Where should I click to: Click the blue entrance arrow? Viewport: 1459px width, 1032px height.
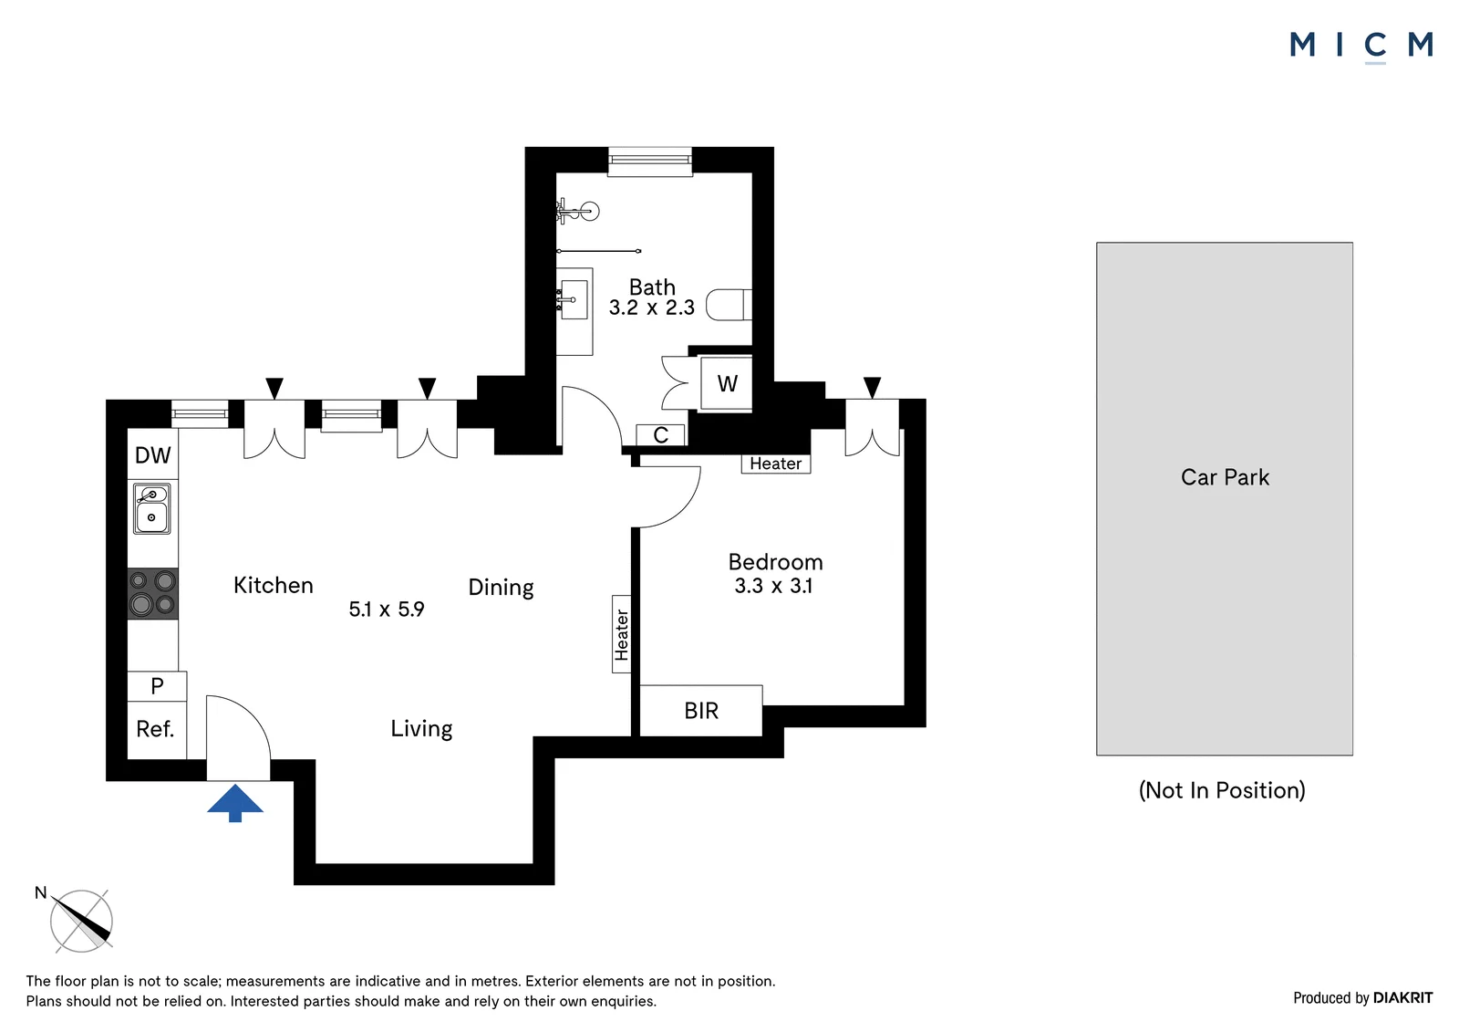point(235,803)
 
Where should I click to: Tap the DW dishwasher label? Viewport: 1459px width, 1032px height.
point(152,455)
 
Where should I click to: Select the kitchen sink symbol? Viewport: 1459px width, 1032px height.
point(151,508)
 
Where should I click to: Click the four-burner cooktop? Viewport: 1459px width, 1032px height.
point(152,594)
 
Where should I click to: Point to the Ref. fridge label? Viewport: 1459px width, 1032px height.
point(155,729)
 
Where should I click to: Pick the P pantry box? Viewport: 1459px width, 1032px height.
point(157,686)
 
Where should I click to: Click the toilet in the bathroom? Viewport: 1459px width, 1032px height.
point(729,305)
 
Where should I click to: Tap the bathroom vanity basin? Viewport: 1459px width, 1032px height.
point(574,299)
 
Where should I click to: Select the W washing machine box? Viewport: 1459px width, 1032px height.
point(727,383)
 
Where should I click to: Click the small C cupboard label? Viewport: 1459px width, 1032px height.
point(660,435)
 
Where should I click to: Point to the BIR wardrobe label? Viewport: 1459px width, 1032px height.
point(701,711)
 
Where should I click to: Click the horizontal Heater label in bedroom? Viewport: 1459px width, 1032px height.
point(775,464)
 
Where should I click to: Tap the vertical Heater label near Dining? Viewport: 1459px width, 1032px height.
point(622,634)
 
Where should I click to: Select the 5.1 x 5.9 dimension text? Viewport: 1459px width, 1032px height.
point(387,609)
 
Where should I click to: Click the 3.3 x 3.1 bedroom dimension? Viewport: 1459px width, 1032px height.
point(773,586)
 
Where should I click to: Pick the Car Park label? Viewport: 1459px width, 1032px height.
point(1225,477)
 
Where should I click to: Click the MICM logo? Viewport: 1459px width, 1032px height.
point(1361,46)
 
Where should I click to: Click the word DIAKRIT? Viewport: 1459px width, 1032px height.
point(1403,998)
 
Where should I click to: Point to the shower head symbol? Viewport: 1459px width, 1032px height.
point(578,211)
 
